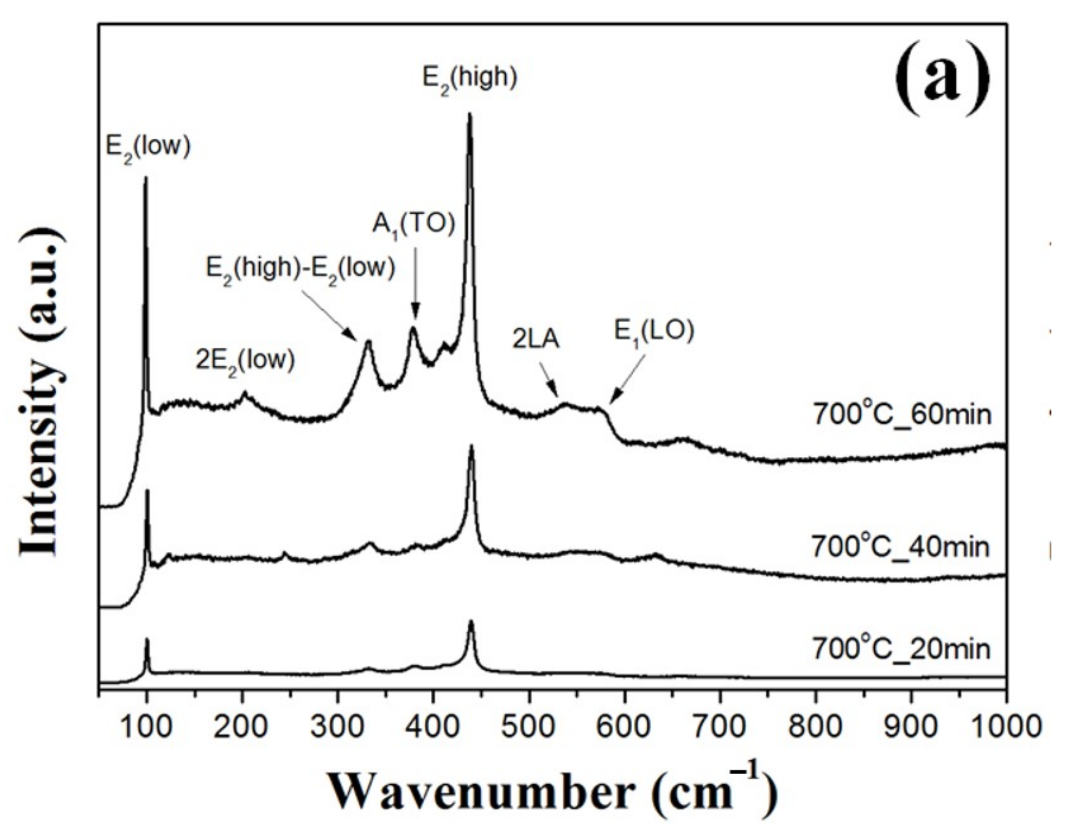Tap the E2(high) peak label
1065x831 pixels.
(470, 79)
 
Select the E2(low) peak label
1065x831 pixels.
(148, 147)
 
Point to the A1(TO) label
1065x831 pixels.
(414, 226)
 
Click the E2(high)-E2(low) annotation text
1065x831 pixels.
(300, 269)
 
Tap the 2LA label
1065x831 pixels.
(536, 340)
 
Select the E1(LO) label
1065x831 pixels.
(654, 333)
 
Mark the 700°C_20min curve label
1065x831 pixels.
(900, 649)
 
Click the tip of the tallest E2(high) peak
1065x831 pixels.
(470, 114)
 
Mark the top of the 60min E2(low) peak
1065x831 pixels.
(146, 178)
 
